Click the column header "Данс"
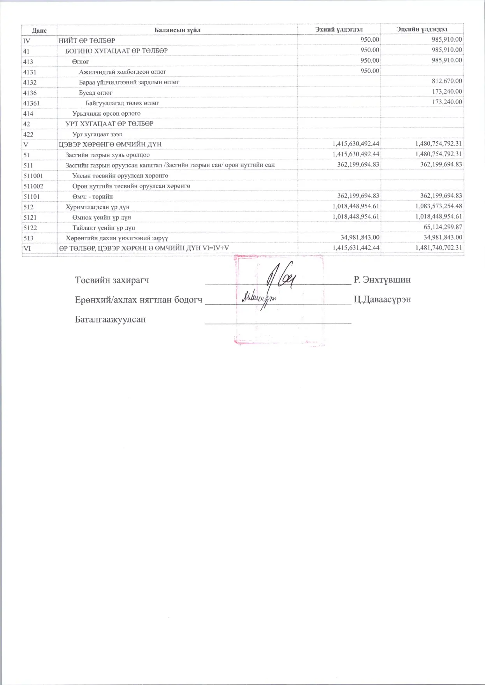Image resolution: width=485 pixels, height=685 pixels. [x=39, y=30]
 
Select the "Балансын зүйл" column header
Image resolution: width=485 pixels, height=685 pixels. [x=177, y=30]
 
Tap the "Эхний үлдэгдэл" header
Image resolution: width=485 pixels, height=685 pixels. [x=339, y=29]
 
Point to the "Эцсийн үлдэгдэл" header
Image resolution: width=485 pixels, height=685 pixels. [x=422, y=29]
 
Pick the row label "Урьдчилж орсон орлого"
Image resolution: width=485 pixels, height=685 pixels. [x=106, y=113]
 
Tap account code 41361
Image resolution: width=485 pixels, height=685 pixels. [x=32, y=103]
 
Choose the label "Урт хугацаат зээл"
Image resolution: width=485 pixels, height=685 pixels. [x=97, y=134]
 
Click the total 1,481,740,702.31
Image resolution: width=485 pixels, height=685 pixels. [x=439, y=248]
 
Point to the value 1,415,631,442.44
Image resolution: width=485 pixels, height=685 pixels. [x=356, y=248]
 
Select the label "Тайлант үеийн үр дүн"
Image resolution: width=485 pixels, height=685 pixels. [x=104, y=228]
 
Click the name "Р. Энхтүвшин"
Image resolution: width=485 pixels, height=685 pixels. [x=382, y=280]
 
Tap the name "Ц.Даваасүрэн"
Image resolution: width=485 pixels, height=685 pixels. [x=382, y=299]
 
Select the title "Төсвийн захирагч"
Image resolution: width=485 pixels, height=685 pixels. [x=112, y=280]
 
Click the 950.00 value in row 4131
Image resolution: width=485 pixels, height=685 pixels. [x=369, y=71]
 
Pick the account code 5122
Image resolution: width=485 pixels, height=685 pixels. [x=30, y=228]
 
